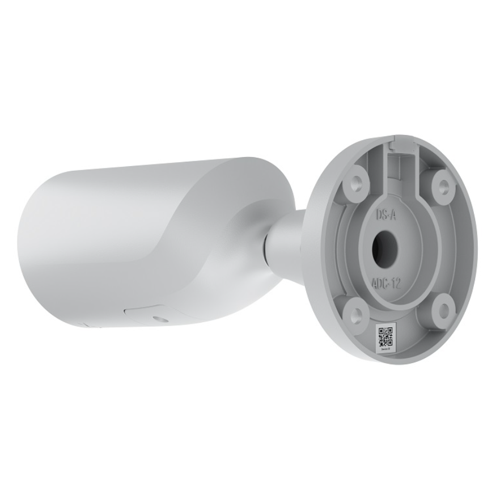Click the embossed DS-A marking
387,215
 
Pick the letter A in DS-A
396,216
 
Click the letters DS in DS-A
382,214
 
